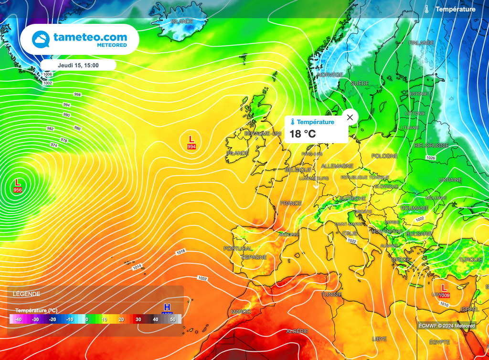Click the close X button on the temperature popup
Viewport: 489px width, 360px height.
click(x=350, y=117)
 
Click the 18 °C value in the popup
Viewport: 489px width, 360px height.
click(x=303, y=134)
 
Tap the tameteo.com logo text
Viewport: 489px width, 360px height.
click(x=90, y=37)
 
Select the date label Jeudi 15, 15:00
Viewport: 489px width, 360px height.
click(x=78, y=65)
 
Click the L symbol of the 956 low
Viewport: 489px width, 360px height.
click(x=18, y=182)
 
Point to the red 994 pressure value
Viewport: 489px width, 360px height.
click(x=191, y=147)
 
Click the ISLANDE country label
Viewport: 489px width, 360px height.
click(x=182, y=21)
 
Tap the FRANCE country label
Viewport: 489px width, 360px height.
click(x=291, y=203)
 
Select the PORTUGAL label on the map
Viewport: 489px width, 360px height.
click(x=238, y=249)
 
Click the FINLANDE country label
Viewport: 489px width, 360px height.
click(x=421, y=43)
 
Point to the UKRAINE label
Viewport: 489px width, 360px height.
click(x=450, y=180)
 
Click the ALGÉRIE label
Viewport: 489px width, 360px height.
click(x=297, y=331)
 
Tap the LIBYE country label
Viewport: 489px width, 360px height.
click(x=379, y=339)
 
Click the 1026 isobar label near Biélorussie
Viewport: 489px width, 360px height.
click(x=430, y=158)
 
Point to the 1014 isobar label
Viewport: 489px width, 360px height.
click(x=138, y=267)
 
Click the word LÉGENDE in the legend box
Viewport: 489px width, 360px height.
click(x=26, y=294)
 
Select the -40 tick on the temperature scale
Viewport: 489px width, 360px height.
click(x=18, y=319)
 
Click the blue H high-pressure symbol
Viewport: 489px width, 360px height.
click(x=167, y=307)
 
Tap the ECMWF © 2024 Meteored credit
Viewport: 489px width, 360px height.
click(x=447, y=326)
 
